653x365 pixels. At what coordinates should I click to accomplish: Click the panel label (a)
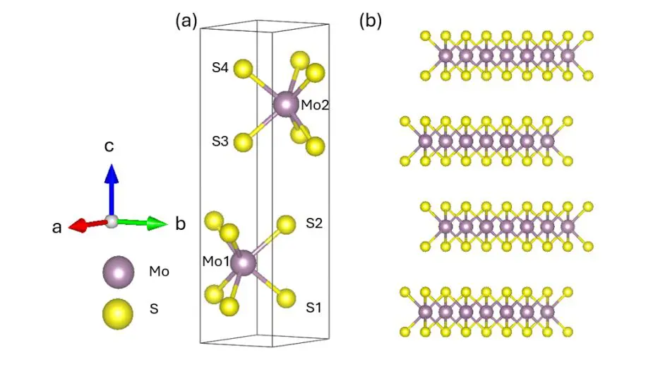[x=186, y=21]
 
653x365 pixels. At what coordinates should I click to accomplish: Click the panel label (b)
[x=371, y=21]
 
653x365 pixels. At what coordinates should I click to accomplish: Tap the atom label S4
[x=220, y=69]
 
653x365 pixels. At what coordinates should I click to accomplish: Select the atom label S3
[x=220, y=141]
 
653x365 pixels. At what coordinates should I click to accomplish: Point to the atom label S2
[x=314, y=223]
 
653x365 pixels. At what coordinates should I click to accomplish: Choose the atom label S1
[x=314, y=308]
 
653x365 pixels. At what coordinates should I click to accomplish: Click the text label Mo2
[x=316, y=105]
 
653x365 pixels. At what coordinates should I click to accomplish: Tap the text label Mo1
[x=217, y=262]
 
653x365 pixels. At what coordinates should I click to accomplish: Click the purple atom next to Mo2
[x=287, y=105]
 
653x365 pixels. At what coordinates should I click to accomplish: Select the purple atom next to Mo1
[x=244, y=262]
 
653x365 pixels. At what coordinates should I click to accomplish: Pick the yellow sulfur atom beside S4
[x=244, y=69]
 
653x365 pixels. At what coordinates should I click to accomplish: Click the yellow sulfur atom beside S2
[x=286, y=225]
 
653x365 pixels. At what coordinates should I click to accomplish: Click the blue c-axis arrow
[x=111, y=187]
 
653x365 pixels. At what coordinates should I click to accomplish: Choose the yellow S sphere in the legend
[x=118, y=313]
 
